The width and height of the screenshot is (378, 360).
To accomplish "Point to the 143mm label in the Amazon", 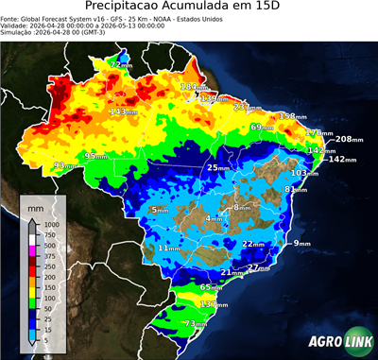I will (125, 111).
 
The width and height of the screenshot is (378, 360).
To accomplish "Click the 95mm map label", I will (95, 156).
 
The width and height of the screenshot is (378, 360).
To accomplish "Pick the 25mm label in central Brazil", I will (218, 167).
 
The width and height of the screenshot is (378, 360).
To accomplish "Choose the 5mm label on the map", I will (158, 209).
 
